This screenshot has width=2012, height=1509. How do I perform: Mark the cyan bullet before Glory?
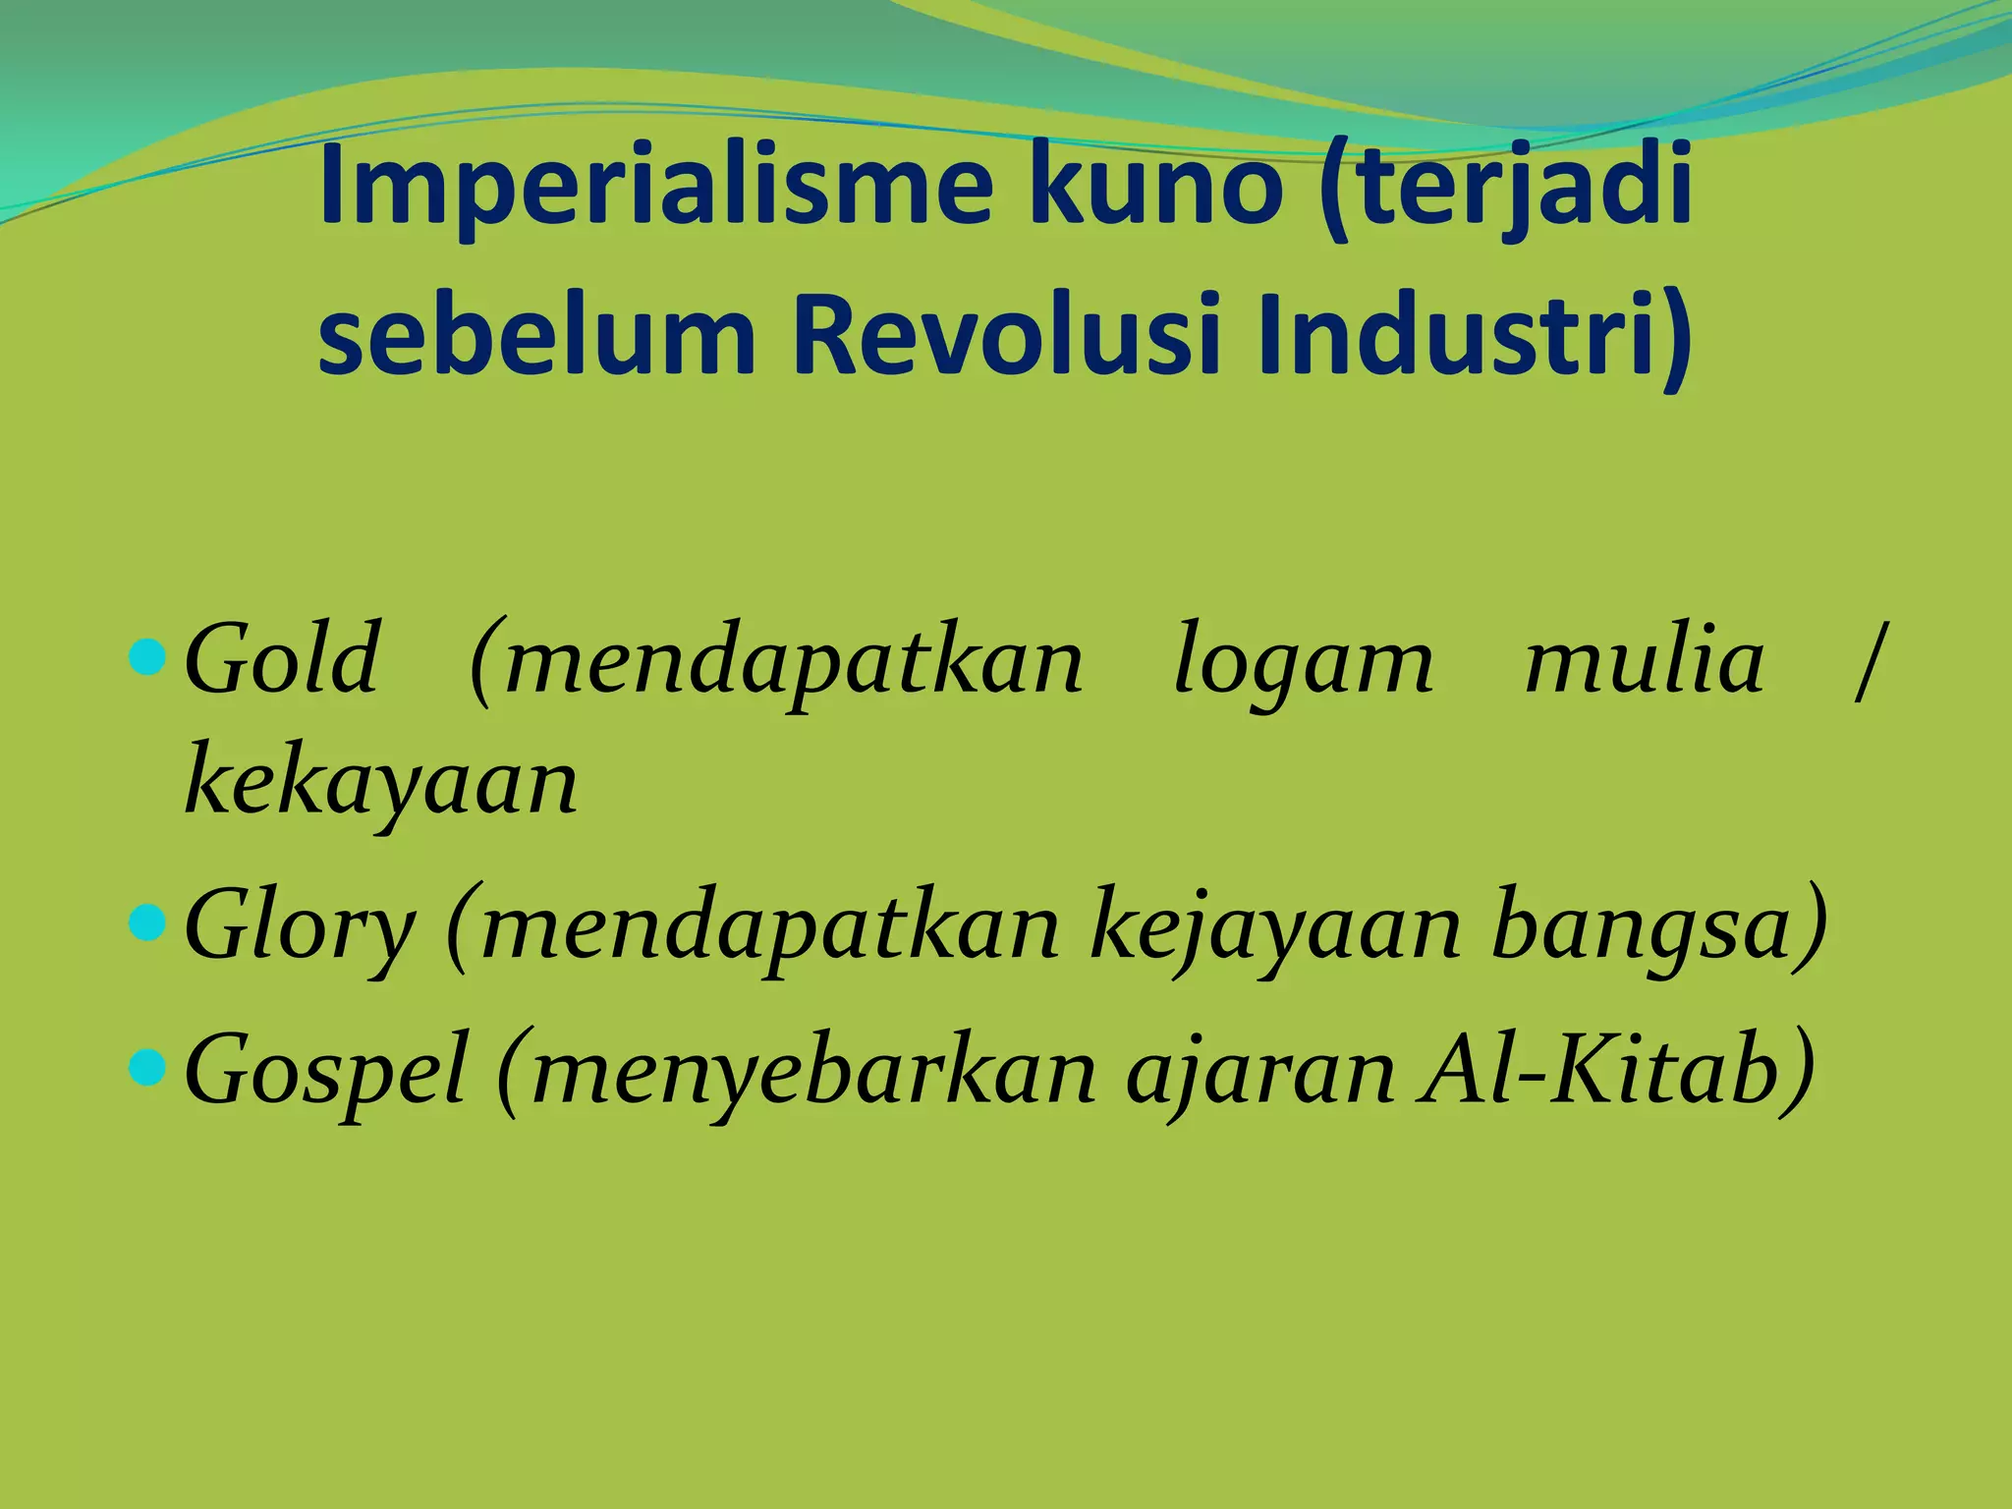pyautogui.click(x=147, y=923)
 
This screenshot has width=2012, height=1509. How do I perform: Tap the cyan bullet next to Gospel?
pyautogui.click(x=147, y=1068)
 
